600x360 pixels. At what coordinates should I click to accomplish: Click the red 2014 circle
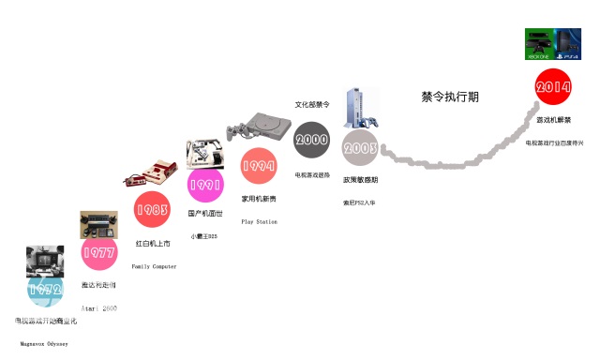click(553, 88)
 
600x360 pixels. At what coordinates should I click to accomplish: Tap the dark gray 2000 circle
click(311, 141)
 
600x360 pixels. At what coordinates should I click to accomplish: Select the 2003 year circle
click(359, 148)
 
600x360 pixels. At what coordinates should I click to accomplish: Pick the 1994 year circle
click(259, 166)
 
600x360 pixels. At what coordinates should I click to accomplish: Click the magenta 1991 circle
click(205, 186)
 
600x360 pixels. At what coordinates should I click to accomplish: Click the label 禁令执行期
click(451, 97)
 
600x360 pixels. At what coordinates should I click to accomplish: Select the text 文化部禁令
click(312, 105)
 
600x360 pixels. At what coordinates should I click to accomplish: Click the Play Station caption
click(260, 222)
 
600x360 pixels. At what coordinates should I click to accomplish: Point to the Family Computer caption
click(154, 267)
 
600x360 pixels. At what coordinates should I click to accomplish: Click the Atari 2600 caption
click(98, 307)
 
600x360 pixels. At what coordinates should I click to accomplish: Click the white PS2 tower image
click(360, 110)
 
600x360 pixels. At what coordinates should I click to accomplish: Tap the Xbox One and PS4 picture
click(553, 45)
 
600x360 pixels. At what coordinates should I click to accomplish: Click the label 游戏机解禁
click(553, 120)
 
